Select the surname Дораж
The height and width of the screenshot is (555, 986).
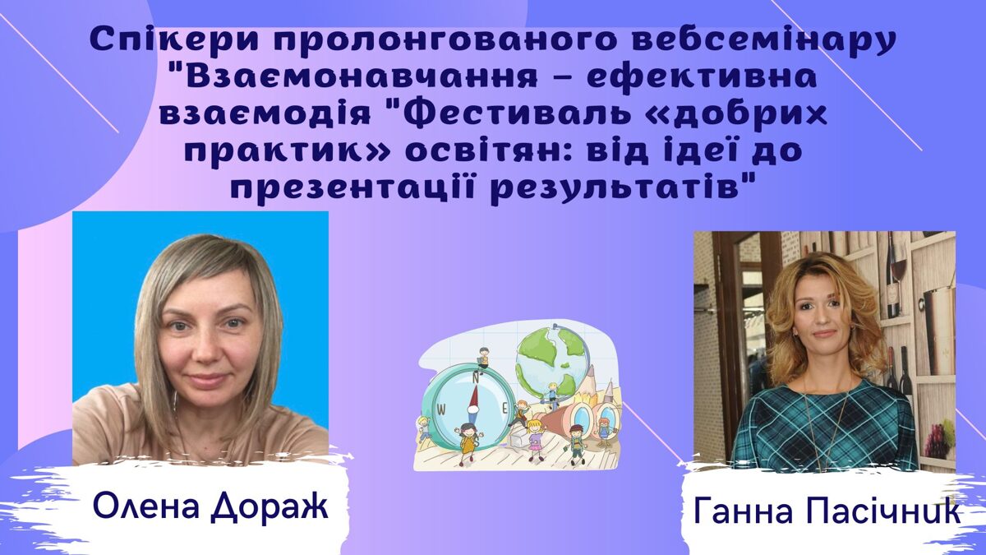pyautogui.click(x=270, y=506)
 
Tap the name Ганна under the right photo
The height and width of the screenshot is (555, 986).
pyautogui.click(x=756, y=511)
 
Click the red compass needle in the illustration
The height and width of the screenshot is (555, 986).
pyautogui.click(x=474, y=397)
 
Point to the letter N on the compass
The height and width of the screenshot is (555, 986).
pyautogui.click(x=476, y=377)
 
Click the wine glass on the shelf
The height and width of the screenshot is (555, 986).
pyautogui.click(x=899, y=269)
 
